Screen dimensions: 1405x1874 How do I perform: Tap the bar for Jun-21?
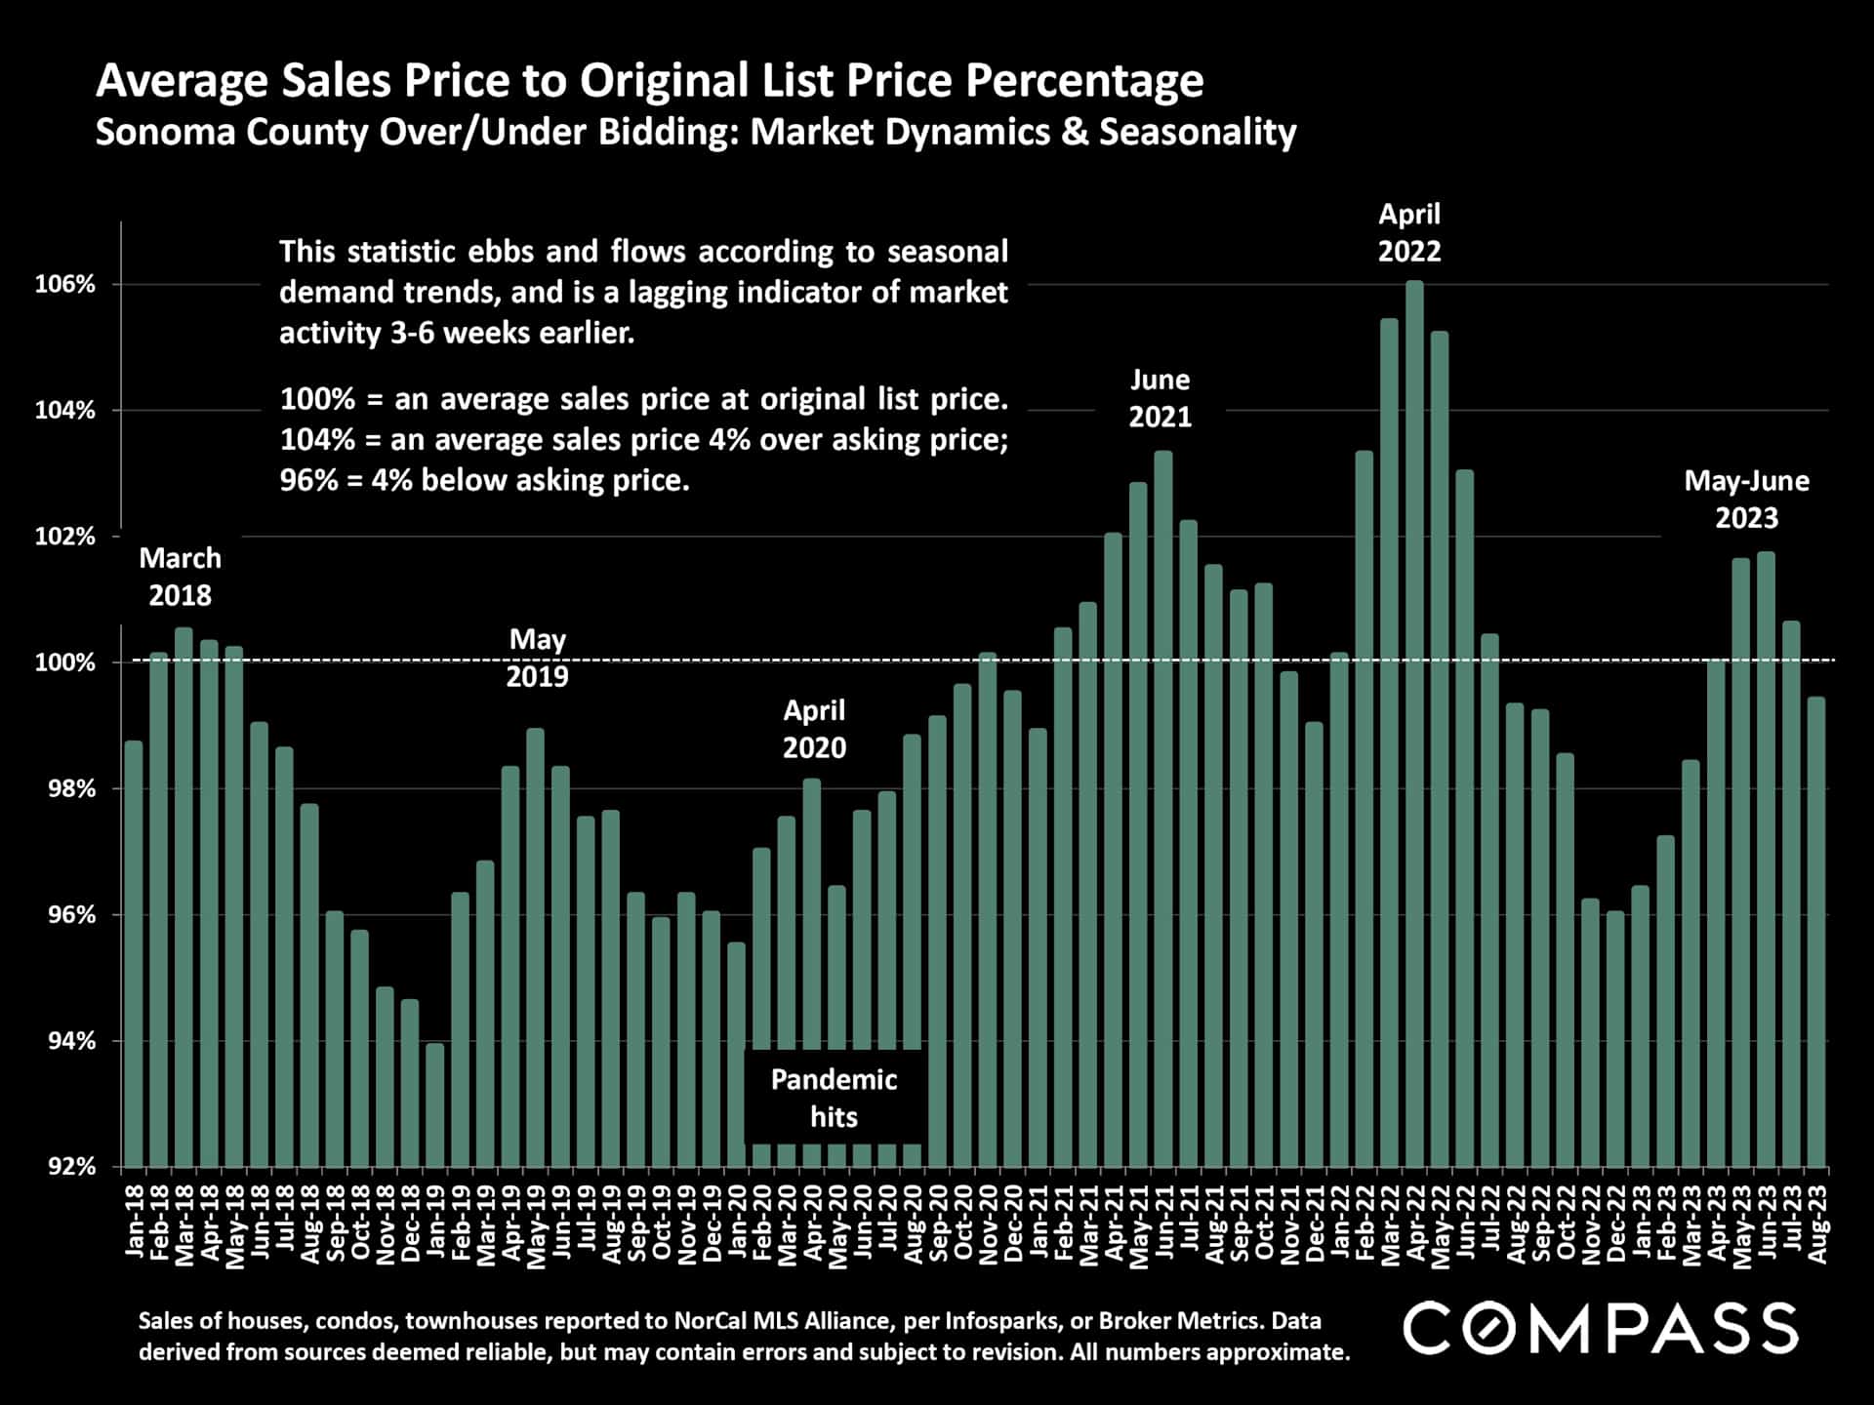point(1163,809)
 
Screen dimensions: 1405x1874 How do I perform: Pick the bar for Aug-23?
point(1816,932)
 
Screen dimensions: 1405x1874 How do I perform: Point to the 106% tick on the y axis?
point(65,285)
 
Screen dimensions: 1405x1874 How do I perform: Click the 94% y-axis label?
point(65,1041)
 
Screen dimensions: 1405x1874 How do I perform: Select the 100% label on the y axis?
point(65,663)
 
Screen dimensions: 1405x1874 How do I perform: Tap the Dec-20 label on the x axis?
point(1013,1224)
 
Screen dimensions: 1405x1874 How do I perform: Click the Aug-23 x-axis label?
point(1817,1224)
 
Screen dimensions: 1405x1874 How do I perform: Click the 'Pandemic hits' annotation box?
point(834,1098)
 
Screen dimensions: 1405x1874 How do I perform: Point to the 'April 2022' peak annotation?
point(1408,233)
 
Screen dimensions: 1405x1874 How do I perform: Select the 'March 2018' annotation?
point(180,577)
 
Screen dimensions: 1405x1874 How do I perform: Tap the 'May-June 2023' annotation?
point(1746,500)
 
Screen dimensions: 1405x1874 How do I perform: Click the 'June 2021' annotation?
point(1160,398)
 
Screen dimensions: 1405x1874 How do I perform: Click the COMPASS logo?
point(1600,1328)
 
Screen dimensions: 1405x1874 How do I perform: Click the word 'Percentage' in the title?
point(1083,81)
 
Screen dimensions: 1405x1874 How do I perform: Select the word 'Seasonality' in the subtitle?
point(1198,132)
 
